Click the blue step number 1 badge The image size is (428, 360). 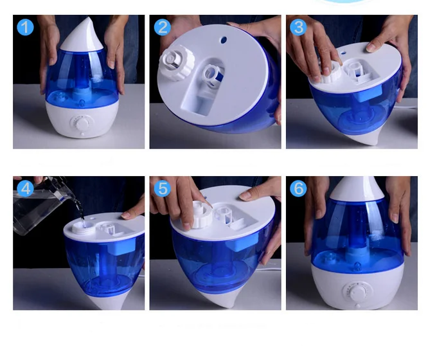coord(25,27)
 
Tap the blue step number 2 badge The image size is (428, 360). coord(163,27)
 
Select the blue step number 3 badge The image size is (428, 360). coord(298,27)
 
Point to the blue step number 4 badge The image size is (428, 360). coord(25,189)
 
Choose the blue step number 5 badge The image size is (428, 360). coord(163,189)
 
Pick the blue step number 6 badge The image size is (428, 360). coord(298,189)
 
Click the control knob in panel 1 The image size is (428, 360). coord(82,124)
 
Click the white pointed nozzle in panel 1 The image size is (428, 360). coord(82,35)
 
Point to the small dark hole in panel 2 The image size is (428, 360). coord(224,40)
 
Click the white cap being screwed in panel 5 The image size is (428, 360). coord(201,215)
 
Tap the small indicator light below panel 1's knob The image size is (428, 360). coord(82,134)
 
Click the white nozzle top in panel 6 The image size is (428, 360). coord(357,188)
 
